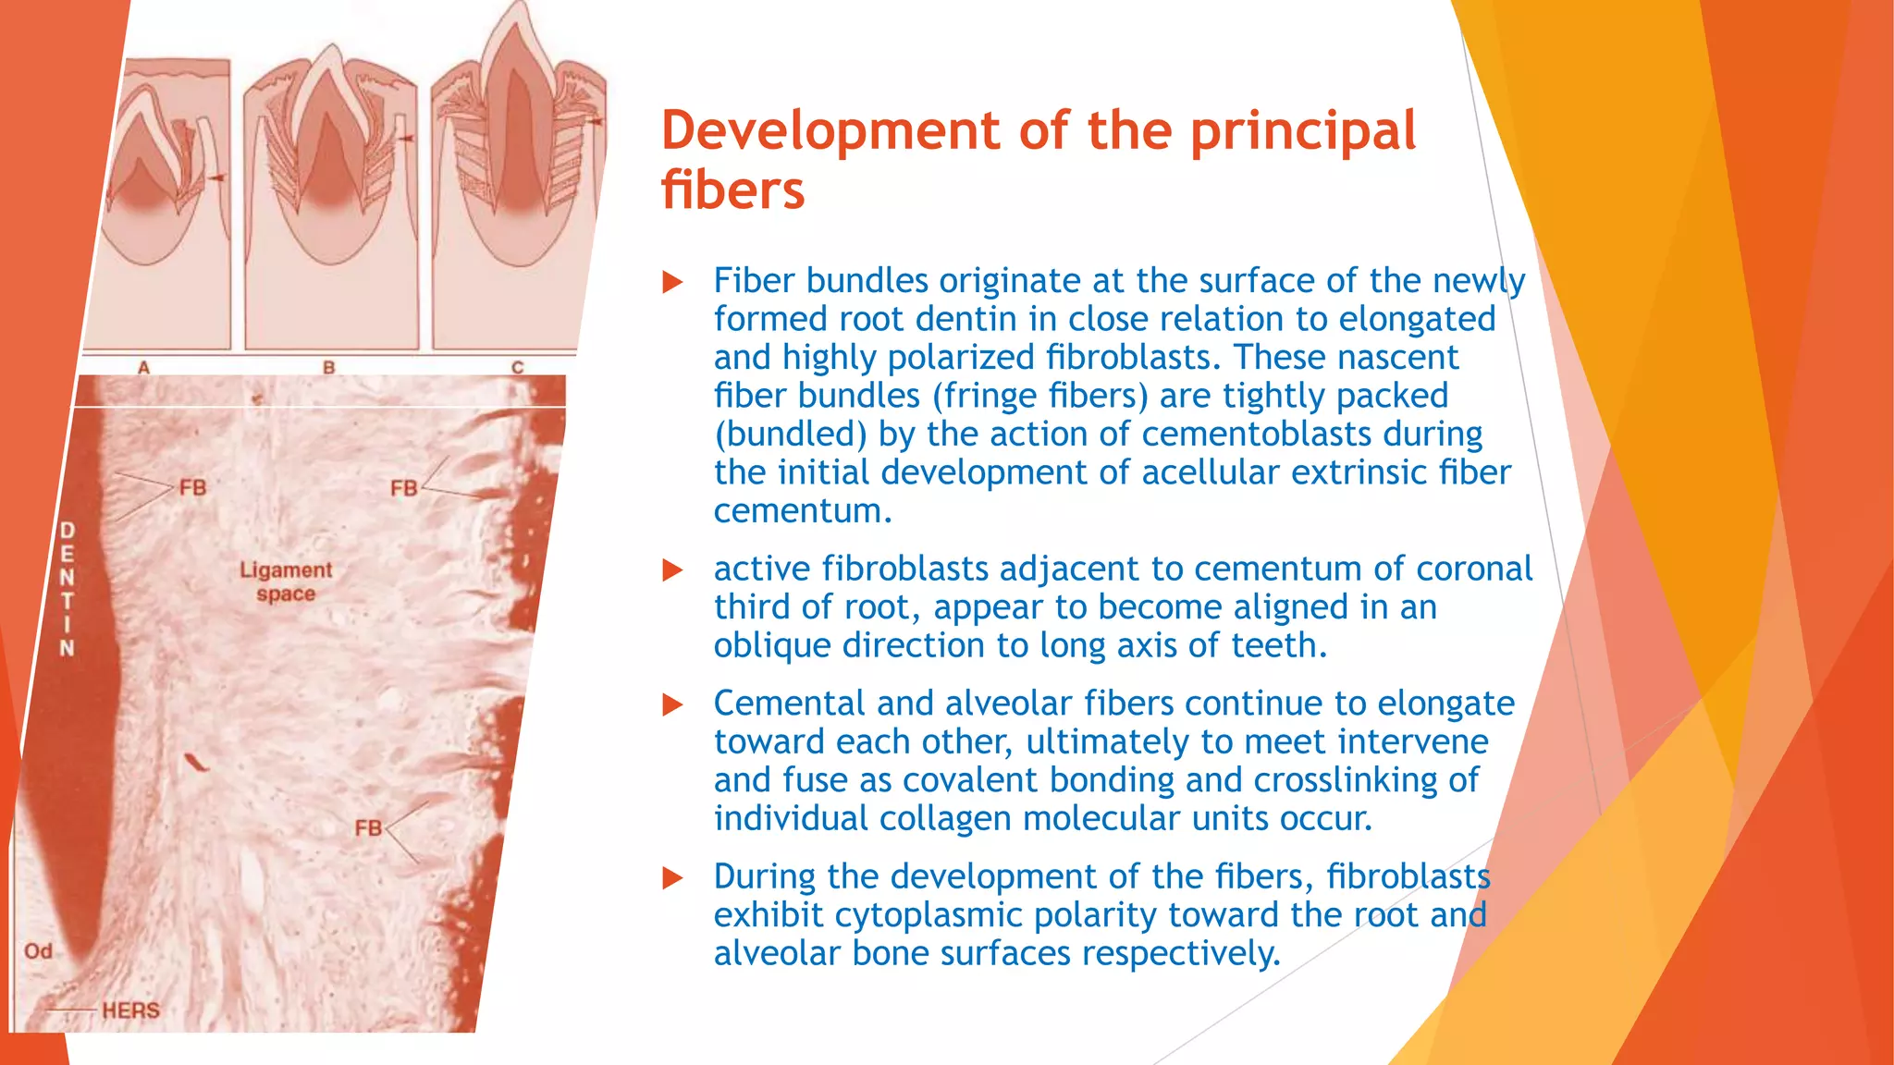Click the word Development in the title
830,130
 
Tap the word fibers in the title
732,190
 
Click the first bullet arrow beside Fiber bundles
672,282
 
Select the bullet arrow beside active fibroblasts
672,570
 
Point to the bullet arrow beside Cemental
672,705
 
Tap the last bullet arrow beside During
672,878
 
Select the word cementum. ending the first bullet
803,511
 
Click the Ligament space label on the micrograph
286,581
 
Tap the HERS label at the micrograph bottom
130,1010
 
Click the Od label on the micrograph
38,951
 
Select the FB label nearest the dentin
192,487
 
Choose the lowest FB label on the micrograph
368,827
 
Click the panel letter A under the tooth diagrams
143,367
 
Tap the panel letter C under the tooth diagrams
518,367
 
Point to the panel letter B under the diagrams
328,367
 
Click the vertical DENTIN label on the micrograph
67,589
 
